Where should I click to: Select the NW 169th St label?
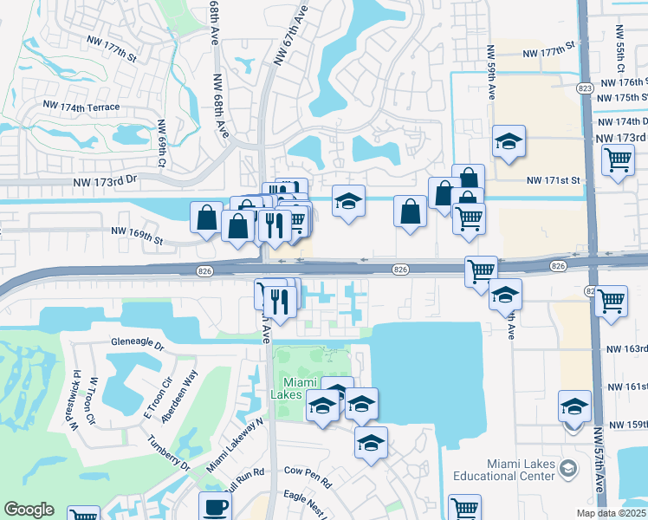click(137, 231)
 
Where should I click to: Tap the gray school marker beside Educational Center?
click(567, 469)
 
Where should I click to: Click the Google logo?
click(29, 510)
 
